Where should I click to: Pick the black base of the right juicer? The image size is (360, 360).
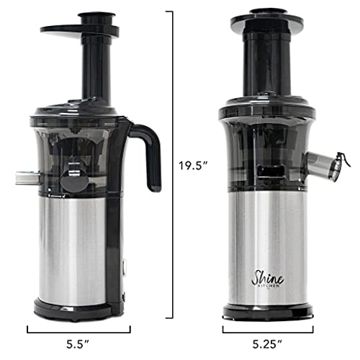click(x=267, y=312)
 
